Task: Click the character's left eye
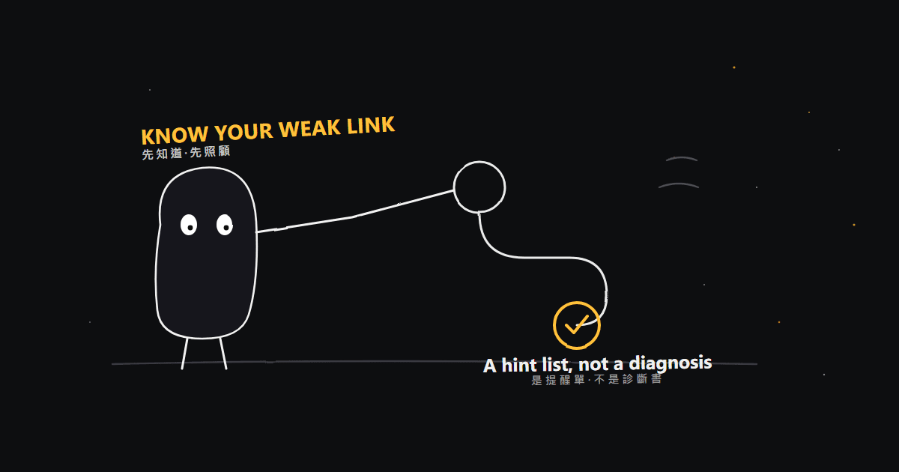(189, 225)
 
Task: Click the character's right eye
(225, 225)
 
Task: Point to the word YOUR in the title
(243, 132)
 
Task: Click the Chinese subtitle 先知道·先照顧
(186, 153)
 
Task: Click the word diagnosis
(671, 363)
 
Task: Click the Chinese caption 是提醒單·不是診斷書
(597, 379)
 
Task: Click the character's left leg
(184, 354)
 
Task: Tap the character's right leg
(223, 354)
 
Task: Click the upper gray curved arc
(682, 158)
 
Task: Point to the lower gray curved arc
(679, 184)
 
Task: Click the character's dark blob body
(206, 273)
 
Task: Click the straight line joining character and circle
(355, 217)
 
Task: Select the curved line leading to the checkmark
(562, 258)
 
